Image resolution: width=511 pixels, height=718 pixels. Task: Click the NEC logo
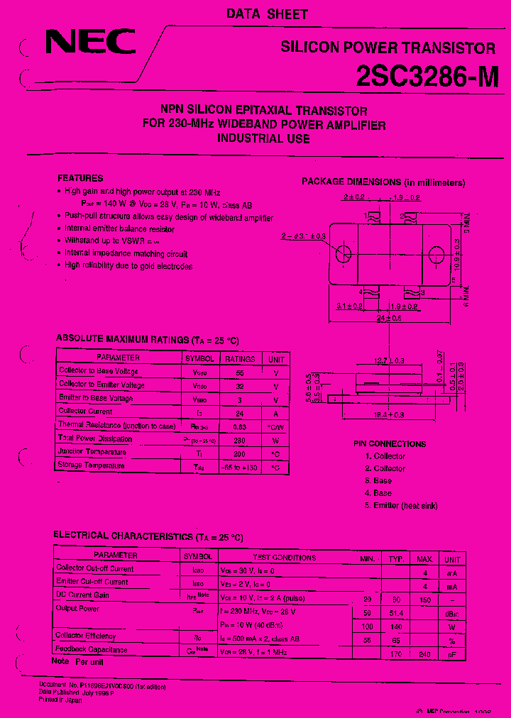[x=90, y=42]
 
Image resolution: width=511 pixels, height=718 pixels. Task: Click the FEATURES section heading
[x=80, y=178]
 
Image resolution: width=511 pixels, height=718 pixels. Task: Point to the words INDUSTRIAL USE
[x=263, y=139]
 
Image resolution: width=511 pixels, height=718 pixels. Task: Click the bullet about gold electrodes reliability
[x=128, y=266]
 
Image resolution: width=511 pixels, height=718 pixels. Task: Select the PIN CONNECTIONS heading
[x=390, y=443]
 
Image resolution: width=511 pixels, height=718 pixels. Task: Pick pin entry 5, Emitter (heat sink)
[x=401, y=505]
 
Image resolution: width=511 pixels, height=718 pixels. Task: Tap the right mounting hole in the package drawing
[x=436, y=253]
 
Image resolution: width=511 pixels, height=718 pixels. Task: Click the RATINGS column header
[x=240, y=358]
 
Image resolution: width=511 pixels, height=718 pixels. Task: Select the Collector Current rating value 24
[x=240, y=412]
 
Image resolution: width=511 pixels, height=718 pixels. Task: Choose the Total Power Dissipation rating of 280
[x=240, y=439]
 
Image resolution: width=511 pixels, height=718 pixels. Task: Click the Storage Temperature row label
[x=92, y=466]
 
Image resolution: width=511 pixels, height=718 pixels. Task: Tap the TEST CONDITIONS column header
[x=284, y=558]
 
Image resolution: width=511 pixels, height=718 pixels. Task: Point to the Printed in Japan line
[x=61, y=700]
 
